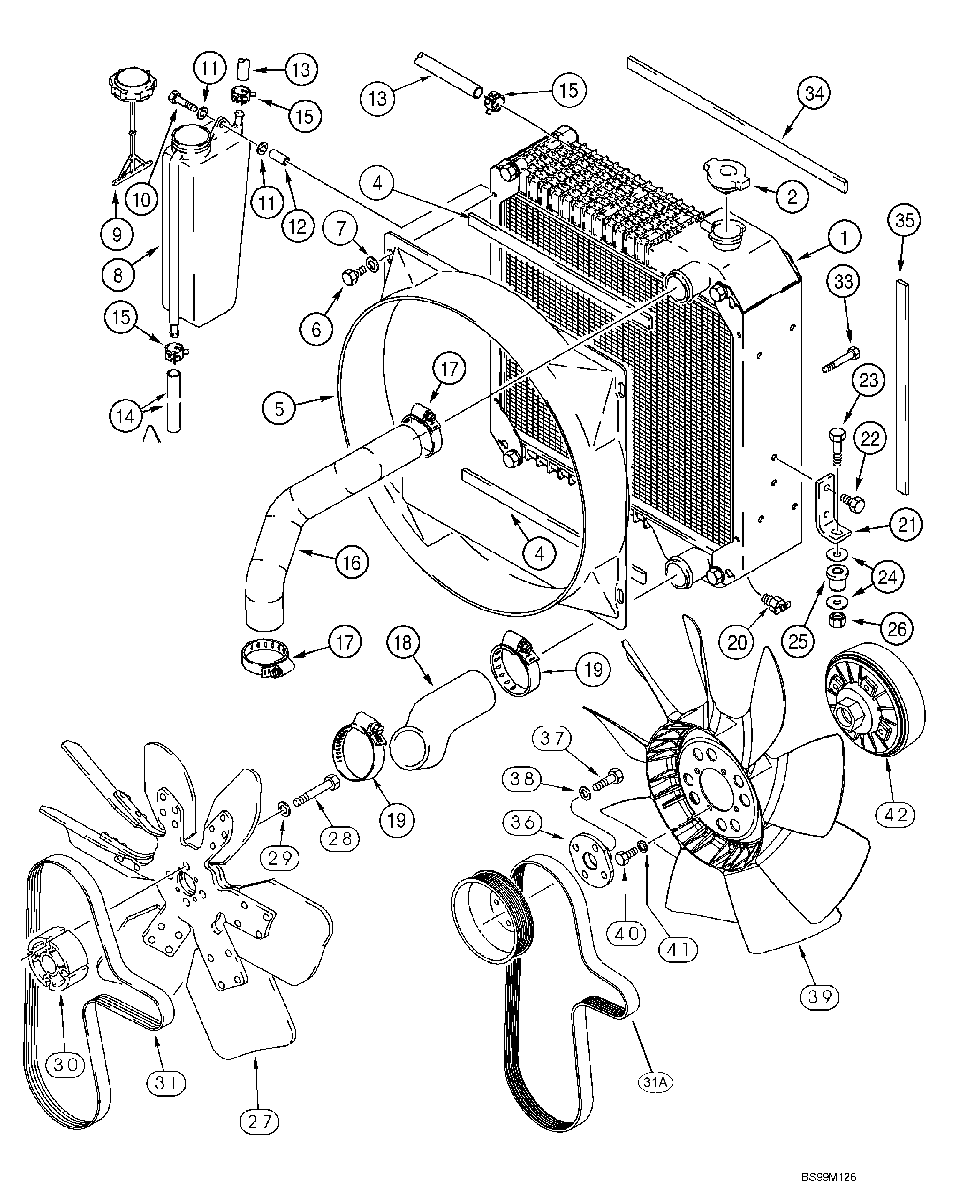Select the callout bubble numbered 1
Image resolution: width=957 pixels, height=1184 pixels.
843,238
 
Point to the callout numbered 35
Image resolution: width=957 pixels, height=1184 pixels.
904,221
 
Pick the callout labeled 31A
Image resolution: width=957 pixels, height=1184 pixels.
655,1083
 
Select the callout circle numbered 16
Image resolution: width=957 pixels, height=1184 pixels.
352,562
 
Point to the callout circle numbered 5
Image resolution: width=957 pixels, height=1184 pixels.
279,409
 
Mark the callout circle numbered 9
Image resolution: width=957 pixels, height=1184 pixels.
117,235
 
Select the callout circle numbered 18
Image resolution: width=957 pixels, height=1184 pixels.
403,643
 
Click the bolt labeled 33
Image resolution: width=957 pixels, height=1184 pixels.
841,360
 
